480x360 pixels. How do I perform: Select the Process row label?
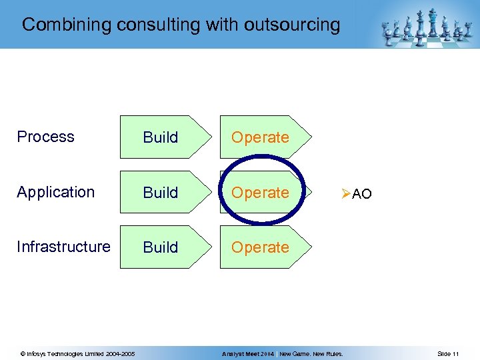(45, 137)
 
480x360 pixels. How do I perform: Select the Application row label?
(56, 192)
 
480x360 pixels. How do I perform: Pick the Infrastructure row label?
(63, 247)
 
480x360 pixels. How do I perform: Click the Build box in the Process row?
(161, 137)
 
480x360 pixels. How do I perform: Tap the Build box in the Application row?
(161, 193)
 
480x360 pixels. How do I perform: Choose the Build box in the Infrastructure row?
(161, 247)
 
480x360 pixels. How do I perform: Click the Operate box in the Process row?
(260, 137)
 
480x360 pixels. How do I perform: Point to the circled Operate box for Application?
(260, 193)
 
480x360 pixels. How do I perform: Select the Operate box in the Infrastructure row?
(260, 247)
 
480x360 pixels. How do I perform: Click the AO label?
(362, 195)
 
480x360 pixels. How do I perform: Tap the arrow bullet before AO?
(345, 194)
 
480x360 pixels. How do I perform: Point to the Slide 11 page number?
(448, 353)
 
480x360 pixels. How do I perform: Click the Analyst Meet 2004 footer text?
(248, 353)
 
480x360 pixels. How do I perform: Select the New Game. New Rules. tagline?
(311, 353)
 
